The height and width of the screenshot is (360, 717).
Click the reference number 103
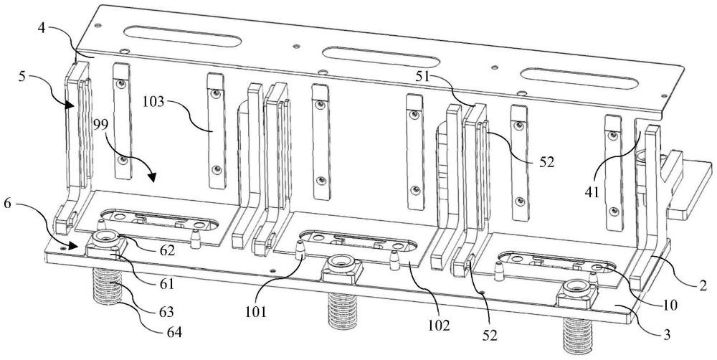(x=153, y=101)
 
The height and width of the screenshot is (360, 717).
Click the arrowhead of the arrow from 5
(x=70, y=105)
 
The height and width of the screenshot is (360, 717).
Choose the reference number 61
(x=166, y=285)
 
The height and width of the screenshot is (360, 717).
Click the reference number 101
(x=255, y=313)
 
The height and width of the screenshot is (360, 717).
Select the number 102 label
(x=439, y=326)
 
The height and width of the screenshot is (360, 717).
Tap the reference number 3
(x=668, y=335)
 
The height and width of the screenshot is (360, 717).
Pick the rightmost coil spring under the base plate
(x=578, y=336)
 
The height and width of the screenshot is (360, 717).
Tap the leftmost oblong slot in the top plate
(x=181, y=36)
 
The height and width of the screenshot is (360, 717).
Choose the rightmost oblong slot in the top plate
(x=579, y=78)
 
